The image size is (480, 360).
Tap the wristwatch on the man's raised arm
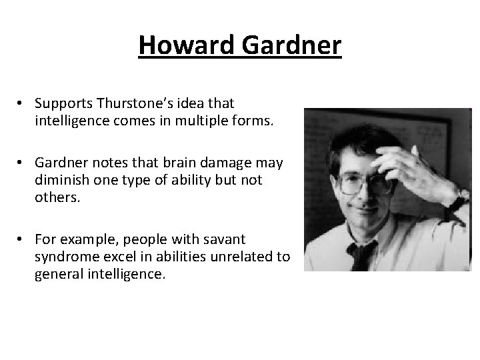(460, 197)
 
